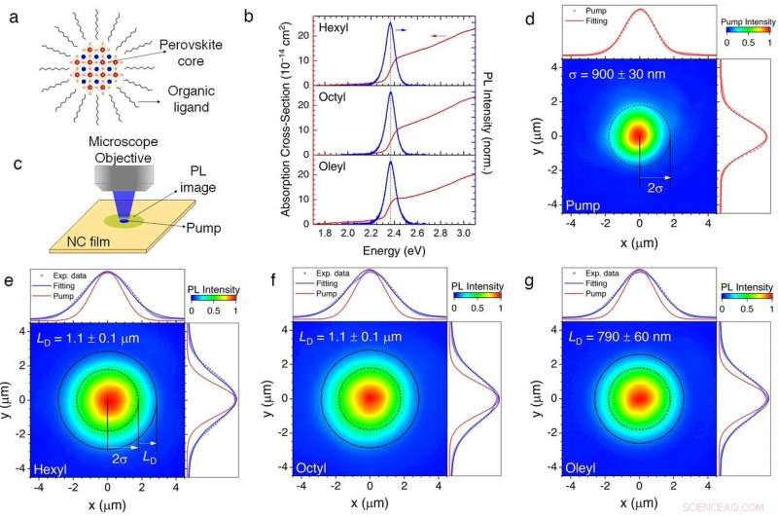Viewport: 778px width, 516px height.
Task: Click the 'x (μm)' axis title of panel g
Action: click(638, 500)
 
